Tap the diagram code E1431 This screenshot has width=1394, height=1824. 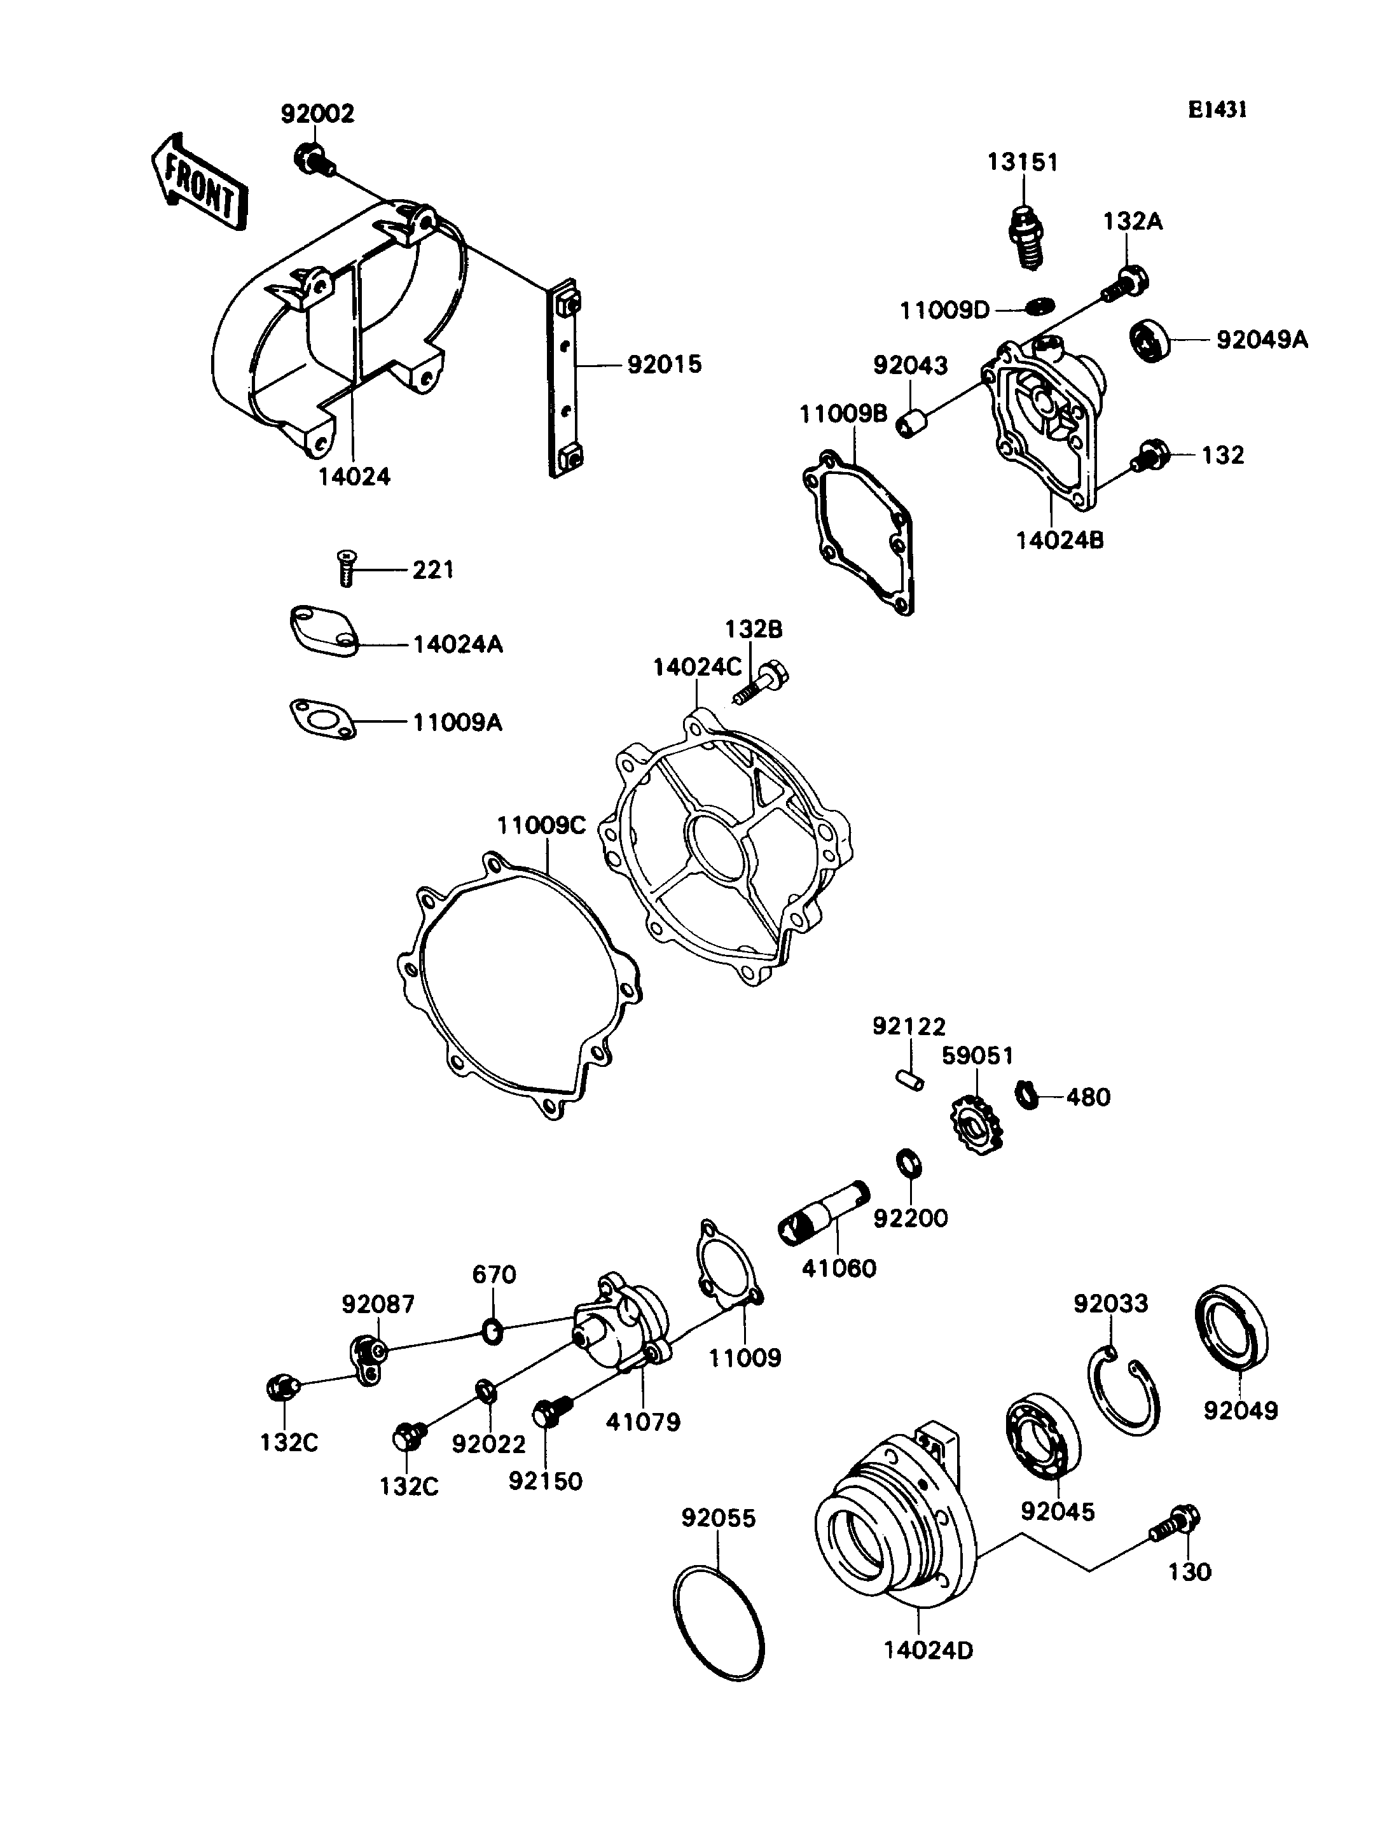[1217, 109]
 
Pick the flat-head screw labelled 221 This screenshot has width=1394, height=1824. [346, 569]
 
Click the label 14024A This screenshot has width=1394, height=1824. [458, 644]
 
